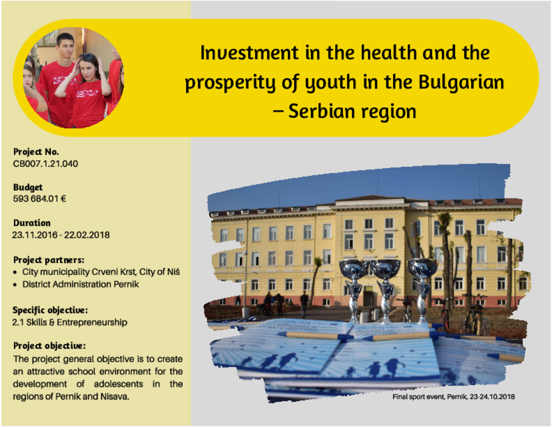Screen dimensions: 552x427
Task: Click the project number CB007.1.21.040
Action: tap(45, 164)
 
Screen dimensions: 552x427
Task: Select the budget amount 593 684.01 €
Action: tap(40, 199)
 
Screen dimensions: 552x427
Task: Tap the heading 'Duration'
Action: tap(32, 223)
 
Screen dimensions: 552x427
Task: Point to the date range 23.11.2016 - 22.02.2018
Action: tap(61, 235)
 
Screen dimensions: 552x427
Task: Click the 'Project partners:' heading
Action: tap(49, 260)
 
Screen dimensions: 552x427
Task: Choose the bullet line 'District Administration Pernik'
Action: tap(81, 284)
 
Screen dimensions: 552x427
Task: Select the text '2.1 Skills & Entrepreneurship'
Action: tap(70, 323)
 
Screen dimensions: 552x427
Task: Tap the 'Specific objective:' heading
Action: tap(50, 310)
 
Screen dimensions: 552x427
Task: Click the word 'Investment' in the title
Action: tap(249, 53)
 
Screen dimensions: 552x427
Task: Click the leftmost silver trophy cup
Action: tap(354, 291)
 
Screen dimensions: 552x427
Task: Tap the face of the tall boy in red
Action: tap(66, 46)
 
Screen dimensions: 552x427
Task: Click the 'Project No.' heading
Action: tap(36, 152)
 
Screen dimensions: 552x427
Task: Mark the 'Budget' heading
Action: tap(28, 187)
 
